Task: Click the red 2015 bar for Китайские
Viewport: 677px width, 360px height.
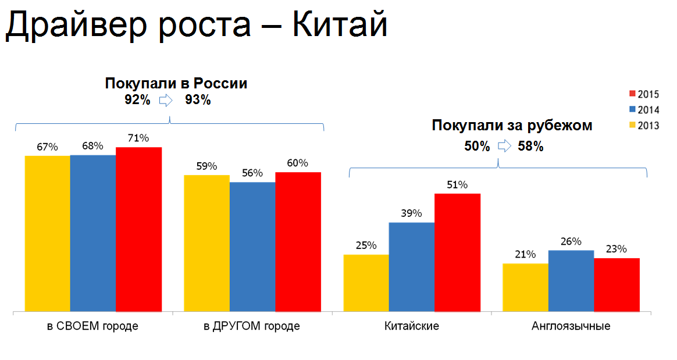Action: [x=457, y=252]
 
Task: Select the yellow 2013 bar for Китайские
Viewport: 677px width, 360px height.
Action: [x=366, y=283]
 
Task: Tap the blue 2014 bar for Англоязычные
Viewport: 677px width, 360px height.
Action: [x=571, y=281]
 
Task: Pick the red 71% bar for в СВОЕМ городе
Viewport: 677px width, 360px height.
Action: [x=138, y=229]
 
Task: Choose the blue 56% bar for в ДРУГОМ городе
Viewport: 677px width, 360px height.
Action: [x=252, y=247]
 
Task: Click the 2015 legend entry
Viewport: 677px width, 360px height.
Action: [x=643, y=94]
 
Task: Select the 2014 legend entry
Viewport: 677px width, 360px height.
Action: [x=643, y=110]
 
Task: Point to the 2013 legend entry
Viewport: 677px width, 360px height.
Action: [x=643, y=125]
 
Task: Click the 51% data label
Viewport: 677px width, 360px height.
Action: [x=457, y=185]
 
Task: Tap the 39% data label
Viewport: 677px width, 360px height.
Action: [x=411, y=213]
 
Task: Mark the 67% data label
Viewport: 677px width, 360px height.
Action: [x=47, y=147]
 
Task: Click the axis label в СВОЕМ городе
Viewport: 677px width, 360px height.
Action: [x=92, y=326]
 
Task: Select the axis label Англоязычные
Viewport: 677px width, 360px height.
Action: [x=571, y=326]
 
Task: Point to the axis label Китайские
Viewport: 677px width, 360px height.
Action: [x=412, y=326]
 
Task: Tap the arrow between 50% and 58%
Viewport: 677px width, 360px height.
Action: [x=504, y=146]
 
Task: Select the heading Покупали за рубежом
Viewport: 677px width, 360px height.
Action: [x=512, y=126]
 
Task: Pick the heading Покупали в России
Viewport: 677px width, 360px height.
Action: [x=176, y=83]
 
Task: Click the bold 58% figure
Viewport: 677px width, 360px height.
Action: [x=530, y=146]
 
